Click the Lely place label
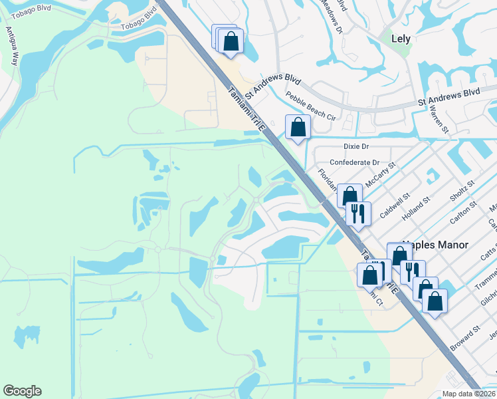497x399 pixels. point(401,39)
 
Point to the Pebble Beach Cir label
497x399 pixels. point(311,105)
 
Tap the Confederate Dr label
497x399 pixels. point(354,162)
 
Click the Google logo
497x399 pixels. point(22,391)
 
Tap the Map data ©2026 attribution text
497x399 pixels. point(469,394)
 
